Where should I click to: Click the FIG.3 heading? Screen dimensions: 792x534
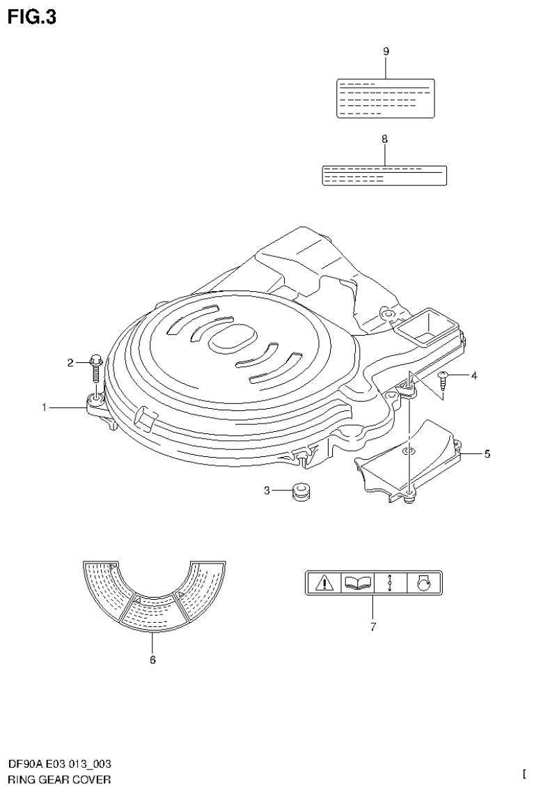point(32,17)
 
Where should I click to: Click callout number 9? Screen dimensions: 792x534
point(386,52)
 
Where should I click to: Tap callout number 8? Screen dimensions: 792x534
point(384,139)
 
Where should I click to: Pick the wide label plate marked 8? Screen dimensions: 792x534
point(384,176)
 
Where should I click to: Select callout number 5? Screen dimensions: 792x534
point(487,454)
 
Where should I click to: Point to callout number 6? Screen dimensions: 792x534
point(152,660)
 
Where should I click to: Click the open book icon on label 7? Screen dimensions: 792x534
point(357,582)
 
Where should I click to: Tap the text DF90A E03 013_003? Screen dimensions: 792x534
point(60,765)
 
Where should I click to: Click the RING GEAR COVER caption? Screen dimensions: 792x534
point(59,779)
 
